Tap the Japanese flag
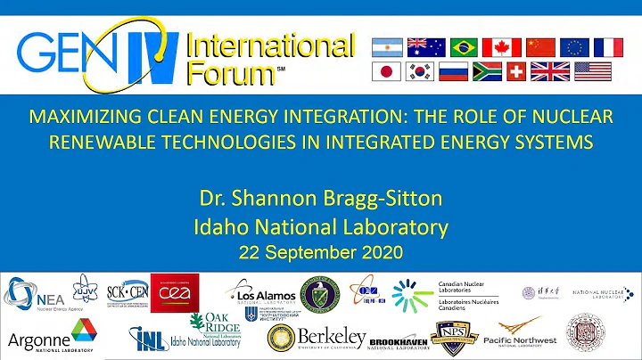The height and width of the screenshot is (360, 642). [x=386, y=71]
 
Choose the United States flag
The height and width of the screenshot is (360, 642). [x=592, y=71]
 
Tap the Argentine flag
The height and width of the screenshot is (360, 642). [x=386, y=47]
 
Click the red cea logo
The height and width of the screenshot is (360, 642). [x=175, y=292]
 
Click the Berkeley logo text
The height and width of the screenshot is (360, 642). [x=332, y=338]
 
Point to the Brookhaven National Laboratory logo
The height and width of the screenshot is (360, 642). [x=399, y=340]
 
